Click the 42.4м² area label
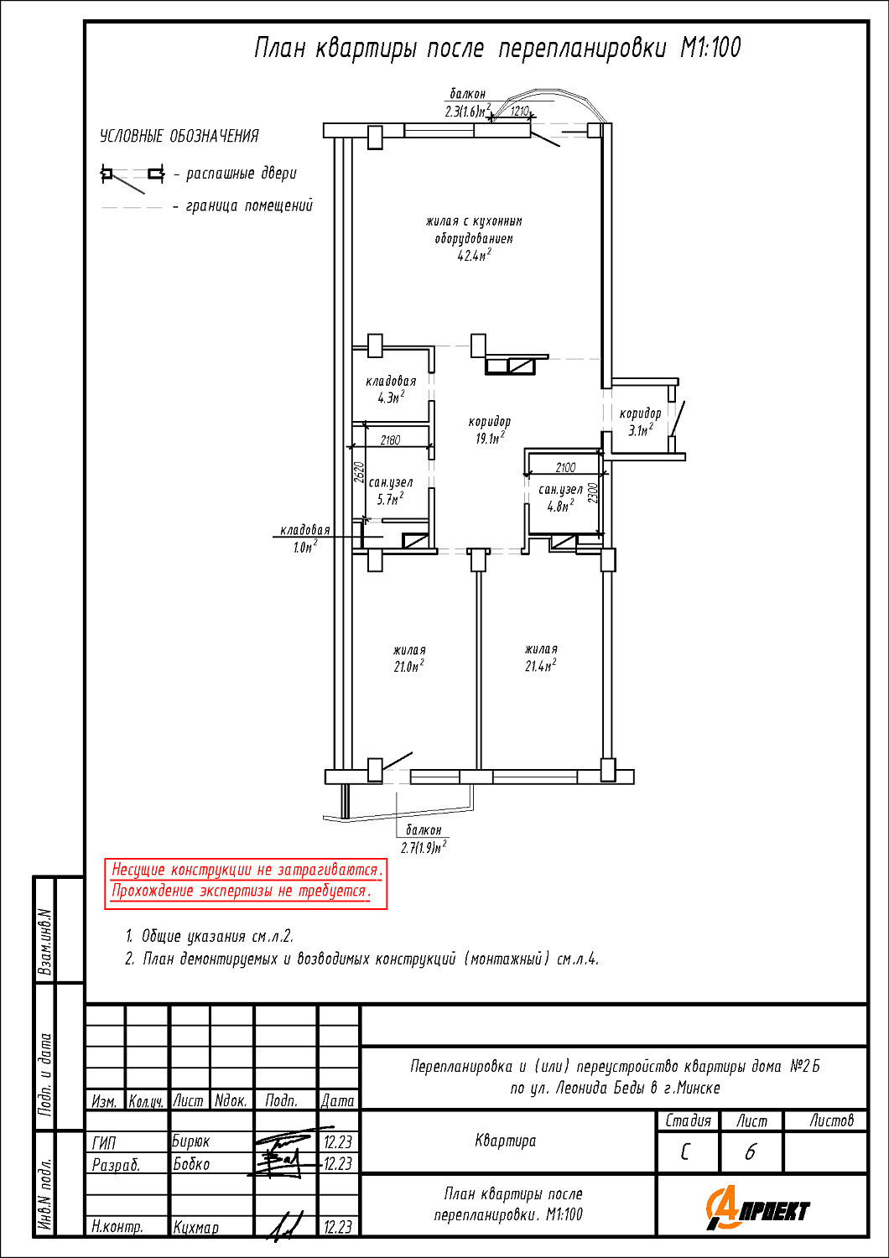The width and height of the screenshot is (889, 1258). tap(474, 256)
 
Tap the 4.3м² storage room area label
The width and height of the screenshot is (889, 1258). tap(391, 398)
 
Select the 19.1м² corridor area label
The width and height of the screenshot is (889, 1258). tap(490, 438)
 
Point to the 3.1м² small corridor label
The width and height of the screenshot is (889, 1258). tap(640, 430)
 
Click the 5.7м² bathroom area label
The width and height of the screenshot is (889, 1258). tap(390, 499)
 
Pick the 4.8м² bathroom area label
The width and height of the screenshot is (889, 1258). tap(560, 506)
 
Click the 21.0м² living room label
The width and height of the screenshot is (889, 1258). tap(408, 666)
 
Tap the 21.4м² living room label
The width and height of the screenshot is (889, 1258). tap(541, 666)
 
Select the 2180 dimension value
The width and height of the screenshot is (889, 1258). tap(390, 439)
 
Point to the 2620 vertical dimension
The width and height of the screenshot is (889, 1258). tap(360, 472)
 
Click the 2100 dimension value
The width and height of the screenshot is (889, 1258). tap(565, 467)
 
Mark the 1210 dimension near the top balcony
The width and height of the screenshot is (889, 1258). tap(520, 112)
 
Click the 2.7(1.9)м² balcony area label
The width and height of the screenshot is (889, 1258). tap(424, 847)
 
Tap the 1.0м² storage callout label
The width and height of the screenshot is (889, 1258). tap(305, 547)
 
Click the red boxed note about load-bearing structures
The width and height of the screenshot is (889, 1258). tap(246, 883)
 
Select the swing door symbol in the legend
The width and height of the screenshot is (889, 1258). tap(132, 178)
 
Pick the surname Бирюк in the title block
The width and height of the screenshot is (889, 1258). tap(190, 1141)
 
